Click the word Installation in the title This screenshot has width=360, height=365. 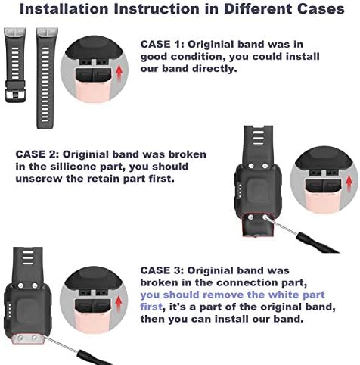(64, 8)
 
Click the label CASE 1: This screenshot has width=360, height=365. (163, 45)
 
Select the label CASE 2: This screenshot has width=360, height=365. (37, 154)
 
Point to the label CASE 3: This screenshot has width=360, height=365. (162, 270)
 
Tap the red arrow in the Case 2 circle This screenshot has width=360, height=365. (349, 183)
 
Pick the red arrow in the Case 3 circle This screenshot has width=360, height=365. (118, 304)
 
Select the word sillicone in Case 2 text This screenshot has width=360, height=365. (75, 167)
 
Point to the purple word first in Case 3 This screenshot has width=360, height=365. (151, 307)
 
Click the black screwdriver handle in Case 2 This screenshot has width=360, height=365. (318, 243)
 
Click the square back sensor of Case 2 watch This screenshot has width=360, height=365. (259, 191)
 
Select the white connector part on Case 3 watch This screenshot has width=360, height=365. (28, 338)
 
